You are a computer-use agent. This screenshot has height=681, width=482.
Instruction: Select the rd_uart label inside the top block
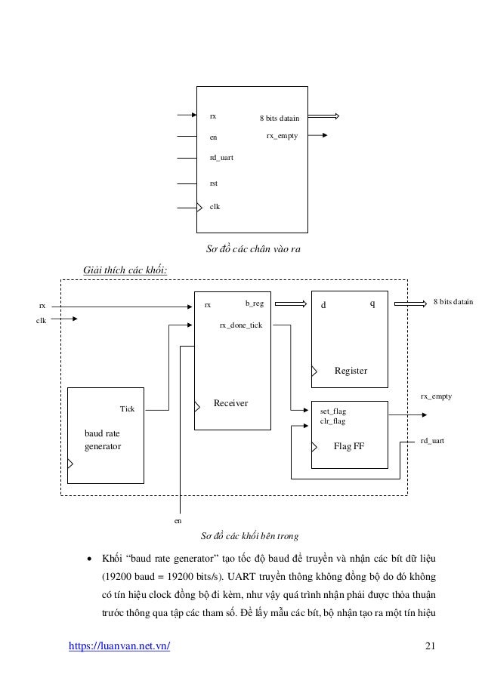[x=221, y=158]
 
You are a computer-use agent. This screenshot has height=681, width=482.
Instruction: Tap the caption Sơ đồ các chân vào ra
[x=252, y=249]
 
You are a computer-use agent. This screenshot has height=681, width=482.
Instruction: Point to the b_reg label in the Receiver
[x=254, y=304]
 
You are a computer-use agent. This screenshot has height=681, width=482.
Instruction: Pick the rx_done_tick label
[x=240, y=325]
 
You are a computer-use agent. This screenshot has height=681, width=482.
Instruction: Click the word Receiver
[x=231, y=404]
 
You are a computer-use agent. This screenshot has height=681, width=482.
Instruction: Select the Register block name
[x=350, y=371]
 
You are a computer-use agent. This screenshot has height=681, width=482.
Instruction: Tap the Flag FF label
[x=349, y=446]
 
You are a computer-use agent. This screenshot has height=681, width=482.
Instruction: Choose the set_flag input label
[x=333, y=411]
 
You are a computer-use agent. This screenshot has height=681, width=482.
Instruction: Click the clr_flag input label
[x=333, y=421]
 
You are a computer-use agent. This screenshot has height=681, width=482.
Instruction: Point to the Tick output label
[x=128, y=408]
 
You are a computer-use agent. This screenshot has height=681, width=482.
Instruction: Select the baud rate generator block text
[x=103, y=440]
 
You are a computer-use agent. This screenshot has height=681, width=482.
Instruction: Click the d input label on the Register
[x=324, y=305]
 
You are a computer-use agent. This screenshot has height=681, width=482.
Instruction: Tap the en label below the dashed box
[x=179, y=521]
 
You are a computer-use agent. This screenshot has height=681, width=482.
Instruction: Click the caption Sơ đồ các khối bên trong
[x=249, y=536]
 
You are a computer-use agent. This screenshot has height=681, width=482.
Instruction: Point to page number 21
[x=431, y=646]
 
